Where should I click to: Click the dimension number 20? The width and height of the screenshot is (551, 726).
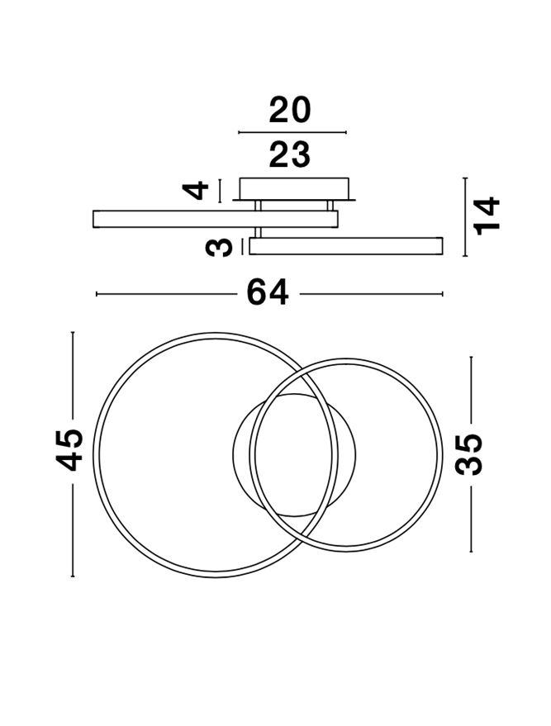point(290,111)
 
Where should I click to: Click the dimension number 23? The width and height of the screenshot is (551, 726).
point(290,155)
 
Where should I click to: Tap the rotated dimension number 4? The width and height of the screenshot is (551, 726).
point(196,191)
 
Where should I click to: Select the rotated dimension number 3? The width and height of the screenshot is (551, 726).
point(219,247)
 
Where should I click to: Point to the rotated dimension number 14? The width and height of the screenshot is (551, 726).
point(487,216)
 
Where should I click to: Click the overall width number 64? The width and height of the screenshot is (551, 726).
point(268,292)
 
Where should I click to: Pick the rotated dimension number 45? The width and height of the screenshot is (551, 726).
point(69,450)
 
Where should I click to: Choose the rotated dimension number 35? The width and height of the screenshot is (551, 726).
point(468,454)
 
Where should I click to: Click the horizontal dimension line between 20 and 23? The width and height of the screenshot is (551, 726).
point(292,132)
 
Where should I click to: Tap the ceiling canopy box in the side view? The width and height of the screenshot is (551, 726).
point(294,188)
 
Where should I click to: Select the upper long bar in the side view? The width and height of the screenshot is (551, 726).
point(216,219)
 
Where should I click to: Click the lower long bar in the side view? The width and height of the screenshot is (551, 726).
point(346,246)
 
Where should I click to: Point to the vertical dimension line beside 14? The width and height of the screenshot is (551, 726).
point(465,216)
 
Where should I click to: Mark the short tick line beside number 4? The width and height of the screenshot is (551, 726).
point(220,191)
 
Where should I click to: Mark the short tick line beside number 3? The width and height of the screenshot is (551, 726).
point(242,246)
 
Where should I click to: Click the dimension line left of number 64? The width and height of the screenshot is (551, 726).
point(167,293)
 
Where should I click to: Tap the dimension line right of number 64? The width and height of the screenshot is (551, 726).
point(372,293)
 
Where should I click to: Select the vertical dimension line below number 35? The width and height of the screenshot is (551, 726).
point(471,520)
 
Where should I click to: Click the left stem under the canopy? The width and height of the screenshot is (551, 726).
point(258,206)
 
